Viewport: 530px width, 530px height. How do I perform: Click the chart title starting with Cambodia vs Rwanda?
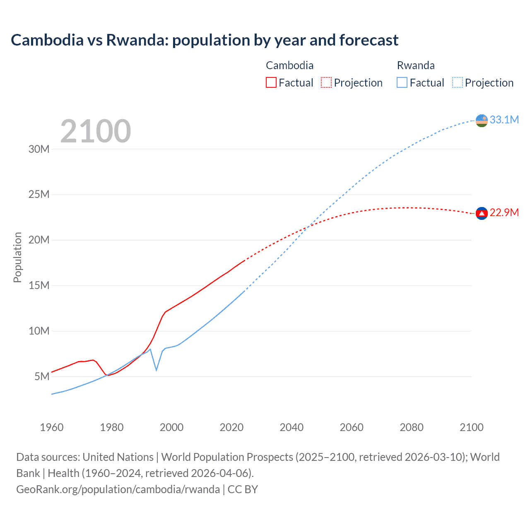(x=205, y=40)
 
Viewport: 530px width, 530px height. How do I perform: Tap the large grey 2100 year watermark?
(x=96, y=131)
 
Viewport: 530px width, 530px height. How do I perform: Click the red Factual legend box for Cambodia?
(x=271, y=82)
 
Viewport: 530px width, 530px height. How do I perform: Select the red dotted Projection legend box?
(x=326, y=82)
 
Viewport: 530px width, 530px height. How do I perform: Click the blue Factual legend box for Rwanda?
(x=402, y=82)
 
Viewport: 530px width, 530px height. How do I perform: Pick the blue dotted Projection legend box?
(x=458, y=82)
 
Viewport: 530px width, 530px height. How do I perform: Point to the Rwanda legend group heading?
(x=416, y=65)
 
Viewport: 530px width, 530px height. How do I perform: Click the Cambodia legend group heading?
(x=289, y=65)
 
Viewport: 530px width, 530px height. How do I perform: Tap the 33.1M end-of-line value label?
(x=504, y=120)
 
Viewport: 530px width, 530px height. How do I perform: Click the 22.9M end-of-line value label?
(x=504, y=212)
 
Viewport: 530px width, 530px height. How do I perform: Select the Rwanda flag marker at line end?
(x=482, y=120)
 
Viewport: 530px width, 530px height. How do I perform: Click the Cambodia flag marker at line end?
(x=482, y=213)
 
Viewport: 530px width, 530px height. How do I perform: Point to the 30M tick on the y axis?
(x=39, y=149)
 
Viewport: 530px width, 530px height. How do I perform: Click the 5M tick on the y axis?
(x=42, y=376)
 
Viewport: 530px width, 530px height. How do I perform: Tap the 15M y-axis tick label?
(x=39, y=285)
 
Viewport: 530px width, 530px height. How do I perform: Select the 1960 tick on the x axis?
(x=52, y=427)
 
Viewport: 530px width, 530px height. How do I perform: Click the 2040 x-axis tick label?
(x=291, y=427)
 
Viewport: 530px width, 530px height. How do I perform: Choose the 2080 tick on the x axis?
(x=412, y=427)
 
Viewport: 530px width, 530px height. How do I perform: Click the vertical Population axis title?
(x=17, y=257)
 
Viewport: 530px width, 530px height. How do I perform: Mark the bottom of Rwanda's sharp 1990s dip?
(x=156, y=370)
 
